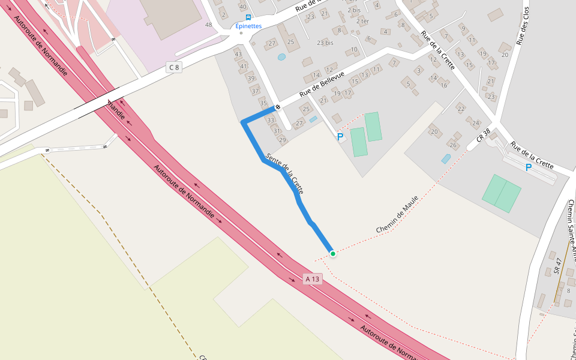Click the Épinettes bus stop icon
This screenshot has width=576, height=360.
248,17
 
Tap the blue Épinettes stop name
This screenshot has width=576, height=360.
248,26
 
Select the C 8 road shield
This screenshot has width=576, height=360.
174,67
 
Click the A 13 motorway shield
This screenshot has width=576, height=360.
313,279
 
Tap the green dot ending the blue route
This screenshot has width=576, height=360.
332,254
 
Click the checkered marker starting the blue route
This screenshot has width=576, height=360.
278,107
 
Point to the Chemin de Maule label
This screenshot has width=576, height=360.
397,214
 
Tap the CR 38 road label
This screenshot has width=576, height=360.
484,135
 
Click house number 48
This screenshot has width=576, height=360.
209,25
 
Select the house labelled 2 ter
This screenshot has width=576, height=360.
362,21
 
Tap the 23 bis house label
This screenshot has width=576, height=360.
325,43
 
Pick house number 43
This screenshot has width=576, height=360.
239,55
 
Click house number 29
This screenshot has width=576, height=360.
283,140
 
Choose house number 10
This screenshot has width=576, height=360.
354,49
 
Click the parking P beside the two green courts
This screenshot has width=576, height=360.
340,137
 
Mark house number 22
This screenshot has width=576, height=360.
461,109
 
